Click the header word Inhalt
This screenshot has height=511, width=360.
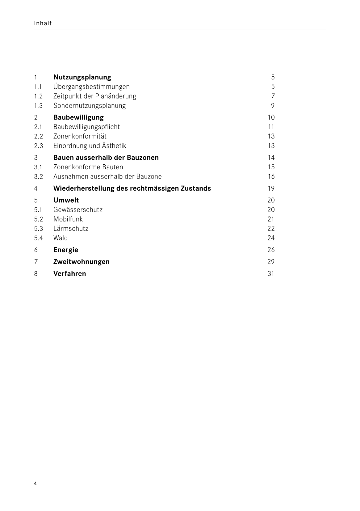pyautogui.click(x=43, y=23)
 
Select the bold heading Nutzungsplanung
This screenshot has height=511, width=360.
pyautogui.click(x=82, y=77)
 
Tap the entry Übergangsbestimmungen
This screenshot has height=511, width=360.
pyautogui.click(x=91, y=87)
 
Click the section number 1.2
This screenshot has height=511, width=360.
pyautogui.click(x=38, y=96)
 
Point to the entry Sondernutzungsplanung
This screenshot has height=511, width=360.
pyautogui.click(x=90, y=106)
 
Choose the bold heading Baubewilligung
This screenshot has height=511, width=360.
pyautogui.click(x=78, y=117)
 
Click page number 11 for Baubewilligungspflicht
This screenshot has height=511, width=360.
pyautogui.click(x=271, y=127)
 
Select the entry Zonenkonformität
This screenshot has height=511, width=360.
pyautogui.click(x=80, y=136)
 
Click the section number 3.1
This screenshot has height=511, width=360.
pyautogui.click(x=38, y=167)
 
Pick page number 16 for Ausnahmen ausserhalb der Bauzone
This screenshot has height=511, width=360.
pyautogui.click(x=271, y=177)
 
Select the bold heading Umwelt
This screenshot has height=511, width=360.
pyautogui.click(x=66, y=200)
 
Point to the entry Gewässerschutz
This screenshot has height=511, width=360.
pyautogui.click(x=78, y=210)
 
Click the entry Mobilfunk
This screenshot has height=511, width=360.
pyautogui.click(x=68, y=219)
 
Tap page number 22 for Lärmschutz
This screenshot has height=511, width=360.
pyautogui.click(x=271, y=229)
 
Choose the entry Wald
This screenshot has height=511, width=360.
pyautogui.click(x=61, y=238)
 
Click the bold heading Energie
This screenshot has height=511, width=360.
pyautogui.click(x=66, y=250)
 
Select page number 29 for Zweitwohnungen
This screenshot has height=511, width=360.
pyautogui.click(x=271, y=262)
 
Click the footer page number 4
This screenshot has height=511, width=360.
pyautogui.click(x=36, y=484)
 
